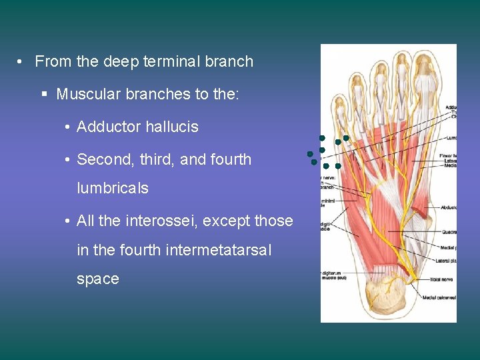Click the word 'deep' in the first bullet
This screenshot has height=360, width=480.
click(x=119, y=62)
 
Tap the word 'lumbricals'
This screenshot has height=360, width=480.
click(x=113, y=188)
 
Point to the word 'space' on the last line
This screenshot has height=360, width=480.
click(x=98, y=279)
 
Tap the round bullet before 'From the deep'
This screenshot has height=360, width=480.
click(x=22, y=62)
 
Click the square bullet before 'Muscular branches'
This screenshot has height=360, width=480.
click(x=44, y=95)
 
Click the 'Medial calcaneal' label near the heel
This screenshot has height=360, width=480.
click(x=441, y=296)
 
